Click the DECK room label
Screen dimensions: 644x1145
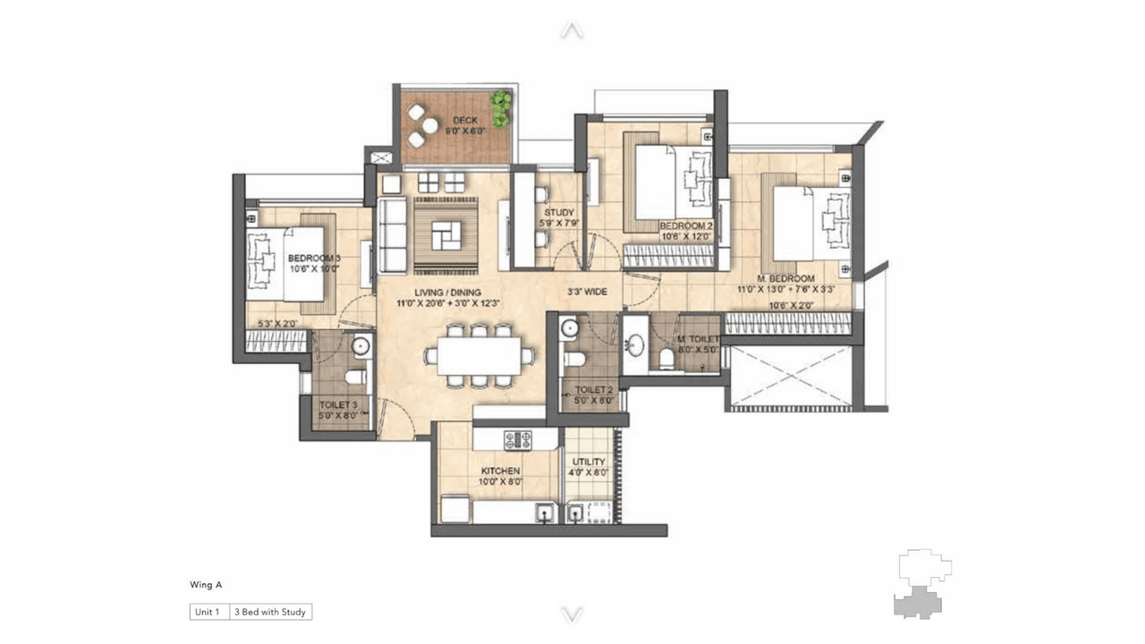464,120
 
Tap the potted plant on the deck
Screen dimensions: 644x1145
500,108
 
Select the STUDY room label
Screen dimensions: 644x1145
557,213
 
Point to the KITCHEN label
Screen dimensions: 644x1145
501,470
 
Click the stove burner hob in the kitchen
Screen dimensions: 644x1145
517,439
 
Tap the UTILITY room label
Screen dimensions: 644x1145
589,462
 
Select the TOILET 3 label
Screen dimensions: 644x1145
337,405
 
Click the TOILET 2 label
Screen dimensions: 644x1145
593,390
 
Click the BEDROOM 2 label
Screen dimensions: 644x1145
686,227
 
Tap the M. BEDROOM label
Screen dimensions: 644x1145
776,278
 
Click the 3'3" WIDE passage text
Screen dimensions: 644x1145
587,292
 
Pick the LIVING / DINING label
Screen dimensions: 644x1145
447,292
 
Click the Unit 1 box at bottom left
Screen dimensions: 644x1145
208,613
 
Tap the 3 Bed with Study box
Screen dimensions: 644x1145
270,613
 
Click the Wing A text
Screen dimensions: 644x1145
206,585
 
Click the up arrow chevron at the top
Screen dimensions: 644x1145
572,30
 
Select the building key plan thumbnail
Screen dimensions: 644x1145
924,583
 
